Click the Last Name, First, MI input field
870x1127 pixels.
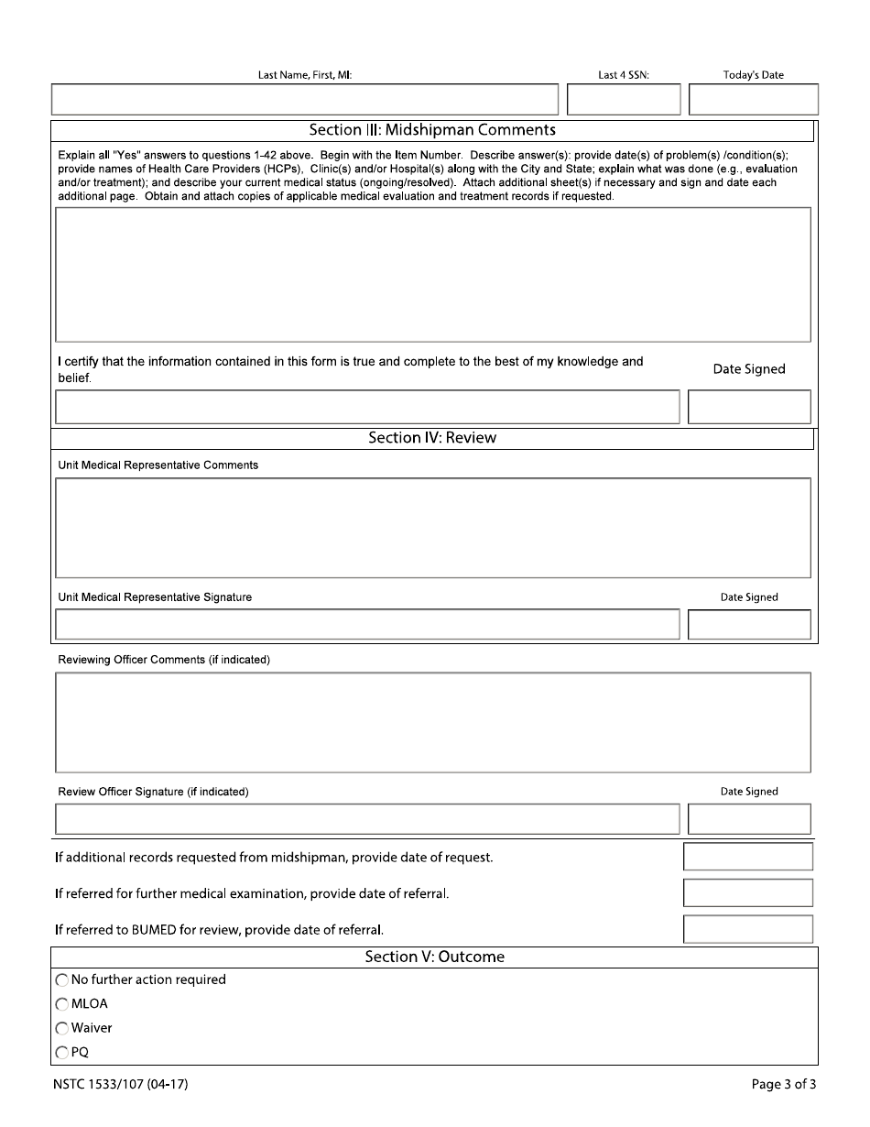click(304, 99)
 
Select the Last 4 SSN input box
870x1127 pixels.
click(624, 99)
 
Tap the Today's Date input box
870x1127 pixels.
click(753, 99)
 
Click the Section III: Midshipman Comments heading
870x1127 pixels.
click(432, 130)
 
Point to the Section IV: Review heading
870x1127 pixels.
click(432, 438)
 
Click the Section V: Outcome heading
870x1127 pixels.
click(434, 957)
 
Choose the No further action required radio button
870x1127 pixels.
click(62, 980)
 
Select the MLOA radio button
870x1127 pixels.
click(62, 1004)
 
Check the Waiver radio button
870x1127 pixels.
click(62, 1028)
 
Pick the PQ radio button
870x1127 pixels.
click(62, 1053)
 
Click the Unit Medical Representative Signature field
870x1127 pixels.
click(367, 624)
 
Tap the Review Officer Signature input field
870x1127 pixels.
click(367, 818)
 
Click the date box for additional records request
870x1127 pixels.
click(748, 857)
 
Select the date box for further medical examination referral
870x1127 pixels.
click(748, 892)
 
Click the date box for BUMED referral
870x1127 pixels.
click(748, 929)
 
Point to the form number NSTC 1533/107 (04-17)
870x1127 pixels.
click(121, 1085)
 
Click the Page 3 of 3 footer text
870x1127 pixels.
click(783, 1085)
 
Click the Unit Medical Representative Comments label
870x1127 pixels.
click(158, 465)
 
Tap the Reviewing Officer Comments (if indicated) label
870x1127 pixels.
click(164, 660)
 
